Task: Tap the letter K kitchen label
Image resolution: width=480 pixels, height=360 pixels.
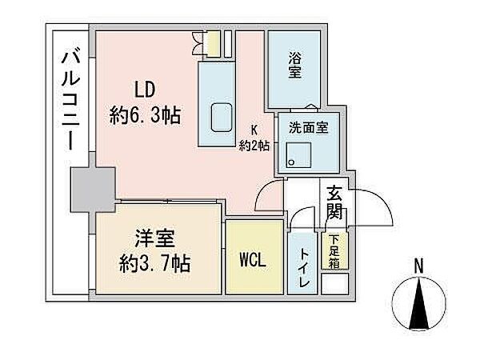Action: pyautogui.click(x=254, y=129)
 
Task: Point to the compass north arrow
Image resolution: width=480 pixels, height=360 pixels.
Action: pyautogui.click(x=419, y=305)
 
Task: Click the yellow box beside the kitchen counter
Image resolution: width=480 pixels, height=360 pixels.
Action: pyautogui.click(x=213, y=44)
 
